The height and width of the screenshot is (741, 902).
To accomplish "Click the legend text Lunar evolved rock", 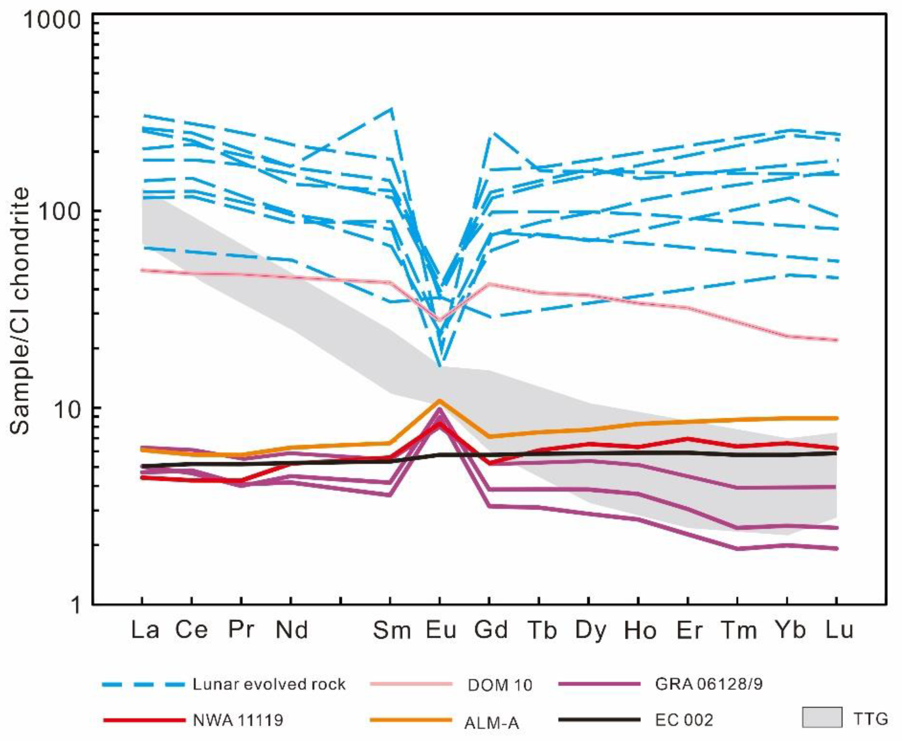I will [x=269, y=685].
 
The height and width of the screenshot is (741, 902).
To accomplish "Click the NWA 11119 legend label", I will [x=238, y=721].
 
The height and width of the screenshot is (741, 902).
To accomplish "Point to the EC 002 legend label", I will [x=684, y=721].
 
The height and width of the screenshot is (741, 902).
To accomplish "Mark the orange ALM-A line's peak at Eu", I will [x=439, y=400].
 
